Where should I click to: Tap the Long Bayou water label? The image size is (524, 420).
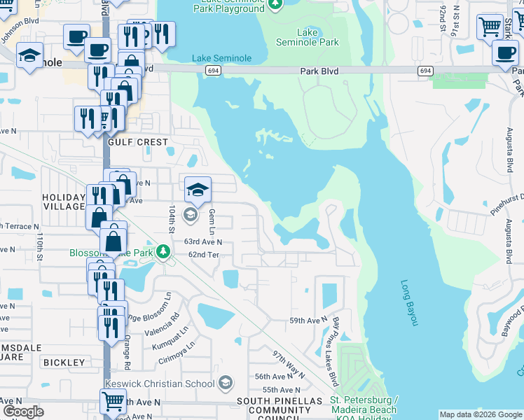(x=409, y=302)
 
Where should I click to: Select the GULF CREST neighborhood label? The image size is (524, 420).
(x=139, y=142)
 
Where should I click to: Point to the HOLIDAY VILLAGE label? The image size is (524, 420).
(x=63, y=202)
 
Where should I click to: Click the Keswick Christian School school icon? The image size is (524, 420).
(x=226, y=382)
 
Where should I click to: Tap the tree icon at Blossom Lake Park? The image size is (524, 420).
(x=163, y=251)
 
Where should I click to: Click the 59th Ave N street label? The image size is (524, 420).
(x=309, y=321)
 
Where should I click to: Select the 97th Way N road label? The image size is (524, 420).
(x=289, y=365)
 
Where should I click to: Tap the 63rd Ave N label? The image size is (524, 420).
(x=203, y=241)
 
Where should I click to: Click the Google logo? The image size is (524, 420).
(x=23, y=411)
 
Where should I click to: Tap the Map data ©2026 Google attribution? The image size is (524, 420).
(x=480, y=415)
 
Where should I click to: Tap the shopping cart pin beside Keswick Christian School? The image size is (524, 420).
(x=113, y=402)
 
